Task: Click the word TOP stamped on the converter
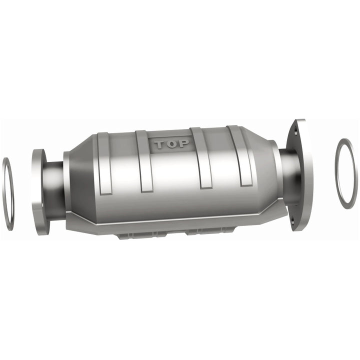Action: (171, 144)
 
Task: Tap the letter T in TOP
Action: (159, 144)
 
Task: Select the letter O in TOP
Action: (171, 144)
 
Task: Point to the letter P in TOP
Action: (183, 144)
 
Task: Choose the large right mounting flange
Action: (300, 175)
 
